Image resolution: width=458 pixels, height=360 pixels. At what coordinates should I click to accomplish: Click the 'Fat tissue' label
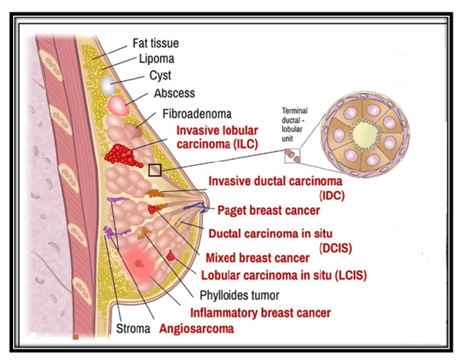pyautogui.click(x=156, y=44)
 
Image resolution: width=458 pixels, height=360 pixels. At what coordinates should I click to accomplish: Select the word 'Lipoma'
pyautogui.click(x=157, y=59)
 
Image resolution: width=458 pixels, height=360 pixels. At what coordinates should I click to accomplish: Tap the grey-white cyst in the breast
pyautogui.click(x=108, y=86)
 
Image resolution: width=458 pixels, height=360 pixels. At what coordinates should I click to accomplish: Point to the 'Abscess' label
pyautogui.click(x=174, y=93)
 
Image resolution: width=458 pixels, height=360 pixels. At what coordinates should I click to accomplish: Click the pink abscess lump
pyautogui.click(x=119, y=105)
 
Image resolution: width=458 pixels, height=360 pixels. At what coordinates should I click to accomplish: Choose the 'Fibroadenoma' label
pyautogui.click(x=197, y=114)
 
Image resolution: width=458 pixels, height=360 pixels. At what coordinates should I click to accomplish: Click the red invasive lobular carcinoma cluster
pyautogui.click(x=122, y=154)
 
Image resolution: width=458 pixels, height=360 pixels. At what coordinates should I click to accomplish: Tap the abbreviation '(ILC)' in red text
pyautogui.click(x=246, y=144)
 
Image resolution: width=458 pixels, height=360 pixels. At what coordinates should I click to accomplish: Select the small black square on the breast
pyautogui.click(x=154, y=170)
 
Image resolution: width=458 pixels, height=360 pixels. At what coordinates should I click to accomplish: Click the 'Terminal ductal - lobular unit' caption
pyautogui.click(x=294, y=125)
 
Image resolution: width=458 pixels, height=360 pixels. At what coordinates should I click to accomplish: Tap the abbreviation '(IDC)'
pyautogui.click(x=332, y=196)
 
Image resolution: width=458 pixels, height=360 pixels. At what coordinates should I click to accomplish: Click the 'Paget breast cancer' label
pyautogui.click(x=268, y=210)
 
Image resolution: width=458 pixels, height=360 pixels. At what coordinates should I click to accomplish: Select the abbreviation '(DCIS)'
pyautogui.click(x=336, y=248)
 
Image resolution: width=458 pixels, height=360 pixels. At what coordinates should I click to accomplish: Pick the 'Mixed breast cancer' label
pyautogui.click(x=258, y=258)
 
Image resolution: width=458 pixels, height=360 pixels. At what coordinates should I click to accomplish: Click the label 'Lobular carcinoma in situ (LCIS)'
pyautogui.click(x=284, y=275)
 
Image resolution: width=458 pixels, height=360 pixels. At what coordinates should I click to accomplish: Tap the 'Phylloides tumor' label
pyautogui.click(x=239, y=296)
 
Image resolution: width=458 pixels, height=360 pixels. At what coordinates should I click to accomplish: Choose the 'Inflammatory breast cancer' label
pyautogui.click(x=261, y=313)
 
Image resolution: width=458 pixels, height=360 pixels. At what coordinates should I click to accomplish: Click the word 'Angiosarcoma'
pyautogui.click(x=197, y=329)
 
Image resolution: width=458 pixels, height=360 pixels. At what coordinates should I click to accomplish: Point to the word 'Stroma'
pyautogui.click(x=133, y=329)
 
